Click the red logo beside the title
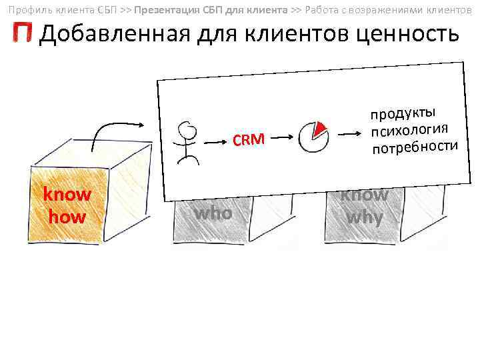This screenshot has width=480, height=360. (x=22, y=33)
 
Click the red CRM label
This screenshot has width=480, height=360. (x=249, y=139)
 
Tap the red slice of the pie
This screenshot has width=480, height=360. (x=321, y=127)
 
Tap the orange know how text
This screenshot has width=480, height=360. (x=67, y=205)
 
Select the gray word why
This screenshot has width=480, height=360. (x=364, y=217)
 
